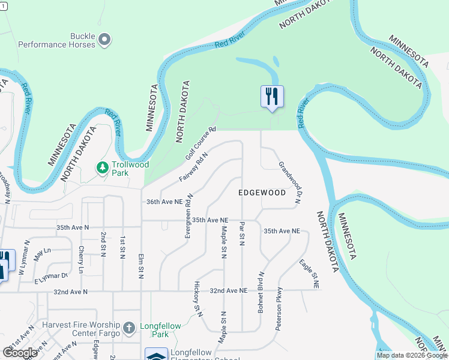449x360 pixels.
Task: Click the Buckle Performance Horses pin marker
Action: click(105, 40)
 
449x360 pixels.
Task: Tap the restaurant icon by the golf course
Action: click(272, 96)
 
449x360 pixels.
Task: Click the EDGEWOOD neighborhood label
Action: click(262, 193)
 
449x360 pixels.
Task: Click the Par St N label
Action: click(242, 233)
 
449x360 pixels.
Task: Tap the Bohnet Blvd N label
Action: click(261, 291)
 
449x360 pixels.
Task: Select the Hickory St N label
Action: click(196, 296)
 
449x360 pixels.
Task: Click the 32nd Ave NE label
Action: click(228, 290)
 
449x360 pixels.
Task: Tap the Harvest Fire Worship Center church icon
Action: click(128, 328)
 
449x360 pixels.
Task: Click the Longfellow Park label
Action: click(160, 330)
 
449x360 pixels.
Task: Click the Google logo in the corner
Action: click(20, 353)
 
